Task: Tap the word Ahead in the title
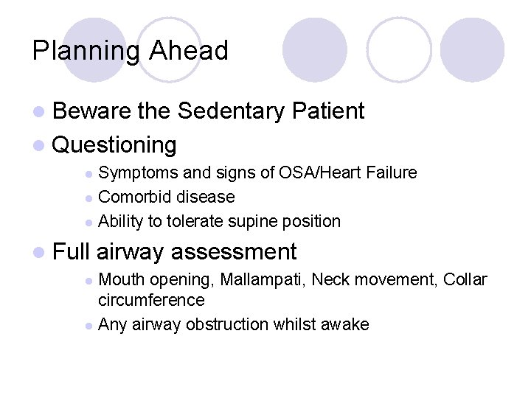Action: click(x=188, y=51)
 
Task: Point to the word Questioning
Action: click(x=114, y=144)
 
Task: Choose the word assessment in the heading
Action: click(x=234, y=252)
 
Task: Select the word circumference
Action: click(x=151, y=300)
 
